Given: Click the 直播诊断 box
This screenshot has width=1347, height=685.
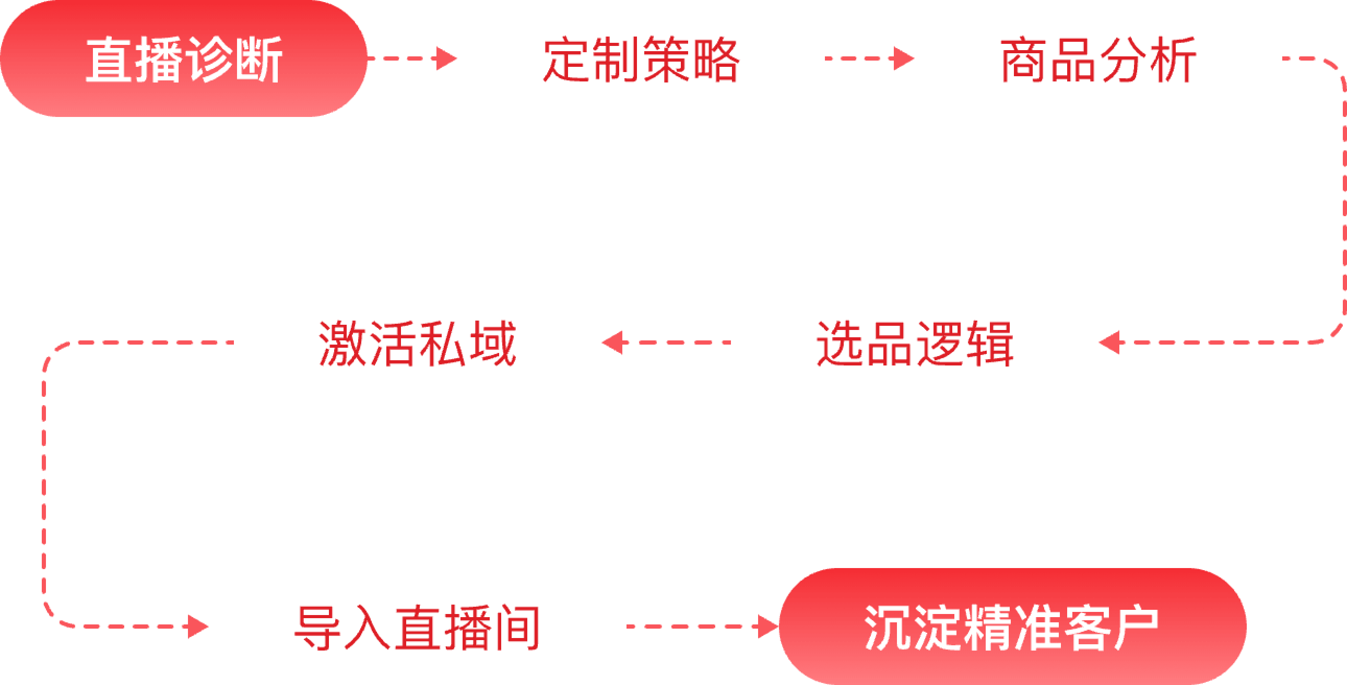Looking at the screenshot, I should pos(183,58).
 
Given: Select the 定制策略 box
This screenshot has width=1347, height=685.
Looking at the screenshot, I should pos(641,58).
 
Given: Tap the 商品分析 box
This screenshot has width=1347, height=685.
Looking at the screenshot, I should pos(1098,58).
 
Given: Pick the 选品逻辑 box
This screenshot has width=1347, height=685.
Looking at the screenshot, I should pos(914,342).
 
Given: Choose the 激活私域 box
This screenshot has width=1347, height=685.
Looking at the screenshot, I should pos(417,342).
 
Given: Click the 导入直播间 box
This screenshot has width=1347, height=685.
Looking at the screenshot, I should pos(417,627).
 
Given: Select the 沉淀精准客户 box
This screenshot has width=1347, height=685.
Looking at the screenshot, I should pos(1012,627).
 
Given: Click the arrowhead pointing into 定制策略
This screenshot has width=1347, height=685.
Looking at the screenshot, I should pos(447,58).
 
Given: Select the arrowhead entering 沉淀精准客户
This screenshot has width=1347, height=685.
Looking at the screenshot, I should pos(768,627).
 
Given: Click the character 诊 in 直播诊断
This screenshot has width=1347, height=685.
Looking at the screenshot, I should pos(208,59).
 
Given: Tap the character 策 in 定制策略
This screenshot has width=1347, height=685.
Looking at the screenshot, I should pos(665,59).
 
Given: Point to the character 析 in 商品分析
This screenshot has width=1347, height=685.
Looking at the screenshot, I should pos(1172,59).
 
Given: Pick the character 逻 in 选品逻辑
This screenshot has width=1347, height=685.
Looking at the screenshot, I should pos(939,343).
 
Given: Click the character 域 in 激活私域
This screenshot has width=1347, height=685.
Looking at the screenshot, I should pos(492,343).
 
